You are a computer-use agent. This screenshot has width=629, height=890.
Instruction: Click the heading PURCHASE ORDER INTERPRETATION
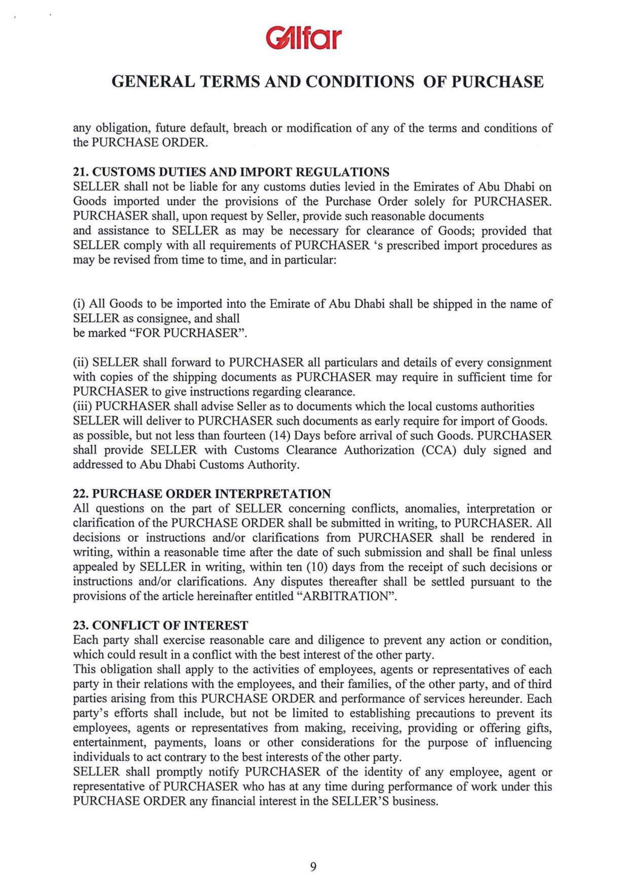(212, 494)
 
